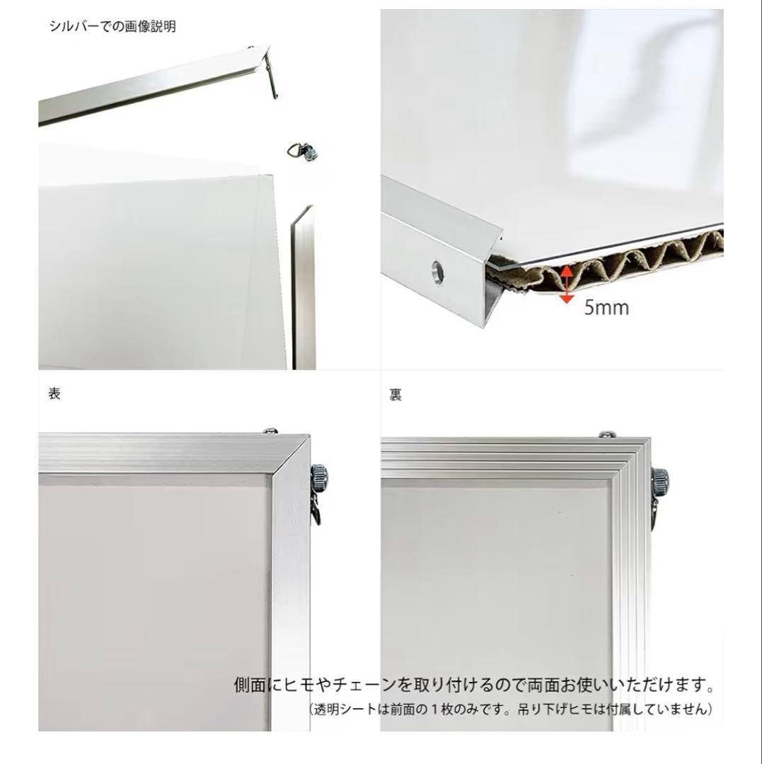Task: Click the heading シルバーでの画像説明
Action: pos(112,26)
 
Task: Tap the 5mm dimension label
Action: pos(606,308)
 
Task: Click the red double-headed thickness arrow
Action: pos(566,284)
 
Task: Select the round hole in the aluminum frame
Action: pos(437,269)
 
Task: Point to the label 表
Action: pos(54,393)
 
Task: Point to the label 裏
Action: pos(396,394)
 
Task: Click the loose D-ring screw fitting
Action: pos(303,151)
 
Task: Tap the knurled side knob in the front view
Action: pos(318,478)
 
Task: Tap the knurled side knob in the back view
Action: pos(660,482)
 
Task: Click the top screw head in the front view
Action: pos(271,431)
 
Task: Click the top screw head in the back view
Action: pos(607,434)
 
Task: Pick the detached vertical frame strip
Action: pos(303,287)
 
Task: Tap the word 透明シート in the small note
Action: pos(347,709)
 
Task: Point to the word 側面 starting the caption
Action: pos(250,685)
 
